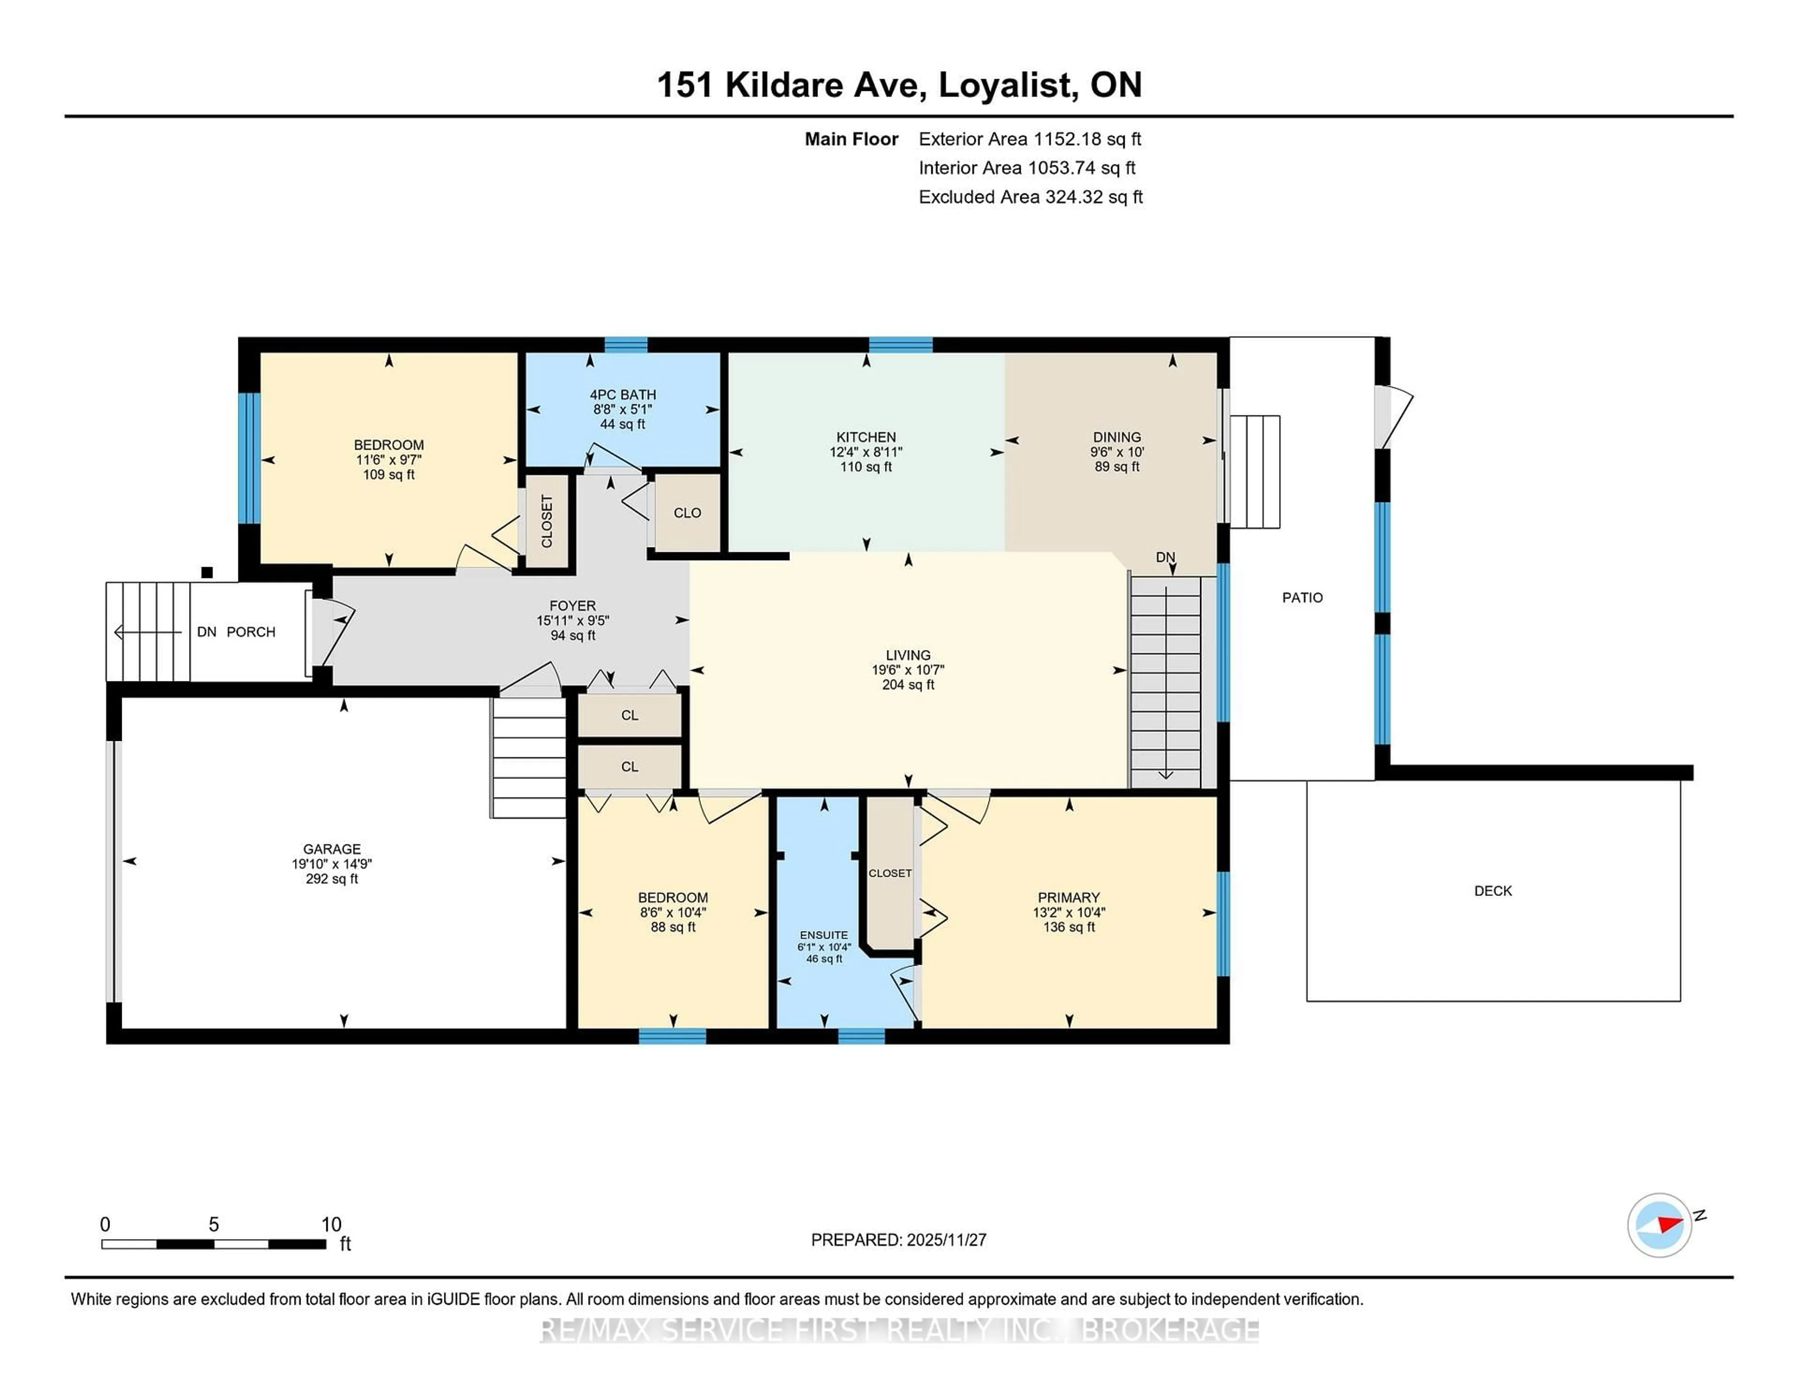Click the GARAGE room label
point(332,849)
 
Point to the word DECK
point(1493,891)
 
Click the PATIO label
point(1303,598)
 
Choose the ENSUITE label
point(823,935)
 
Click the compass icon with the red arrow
point(1659,1225)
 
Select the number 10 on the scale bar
point(331,1225)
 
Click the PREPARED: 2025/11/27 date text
point(898,1240)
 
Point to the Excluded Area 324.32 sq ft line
point(1030,197)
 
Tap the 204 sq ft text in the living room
point(908,685)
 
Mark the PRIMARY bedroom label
point(1068,898)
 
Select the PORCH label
point(251,632)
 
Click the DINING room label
point(1117,437)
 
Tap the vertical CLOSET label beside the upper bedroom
point(546,521)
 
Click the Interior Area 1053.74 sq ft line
point(1027,168)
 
